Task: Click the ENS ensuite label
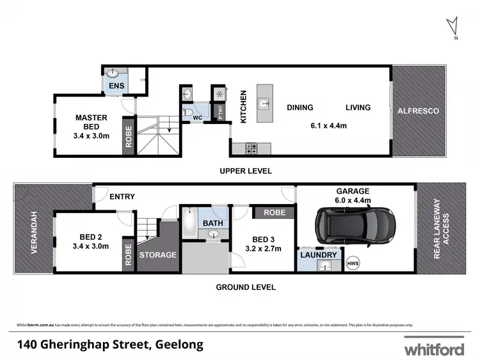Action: (x=116, y=86)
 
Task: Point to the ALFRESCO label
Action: (x=419, y=111)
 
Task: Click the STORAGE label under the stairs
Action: (x=158, y=254)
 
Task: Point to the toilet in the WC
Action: (x=189, y=113)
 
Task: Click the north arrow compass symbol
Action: (x=454, y=27)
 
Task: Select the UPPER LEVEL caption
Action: (x=245, y=171)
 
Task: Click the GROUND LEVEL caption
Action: (x=245, y=287)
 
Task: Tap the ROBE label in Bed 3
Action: (x=273, y=212)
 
